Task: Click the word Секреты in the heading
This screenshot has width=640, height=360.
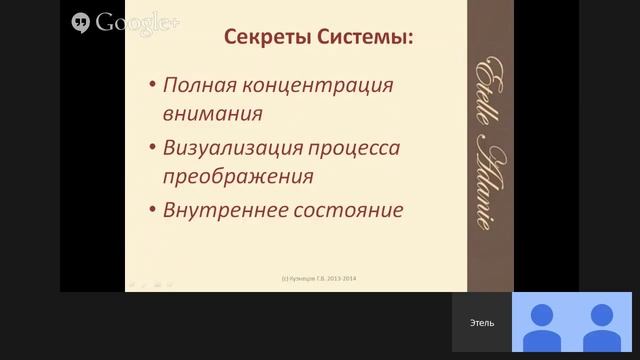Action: point(254,40)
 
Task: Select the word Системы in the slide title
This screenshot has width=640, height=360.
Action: point(361,40)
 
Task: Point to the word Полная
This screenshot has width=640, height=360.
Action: point(196,84)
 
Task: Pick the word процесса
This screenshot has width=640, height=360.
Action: point(353,148)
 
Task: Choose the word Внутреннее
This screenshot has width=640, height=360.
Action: point(221,211)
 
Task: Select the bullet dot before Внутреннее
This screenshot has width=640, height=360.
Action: point(150,213)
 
